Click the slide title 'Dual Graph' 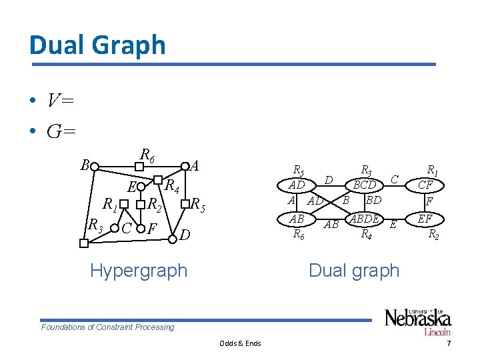coord(97,45)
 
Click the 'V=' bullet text coord(60,101)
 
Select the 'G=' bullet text coord(61,131)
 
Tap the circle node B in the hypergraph coord(95,166)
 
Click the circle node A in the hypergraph coord(185,166)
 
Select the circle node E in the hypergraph coord(141,186)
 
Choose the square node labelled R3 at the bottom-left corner coord(83,243)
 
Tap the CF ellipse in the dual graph coord(430,185)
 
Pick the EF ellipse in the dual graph coord(430,218)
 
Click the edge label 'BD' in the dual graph coord(373,199)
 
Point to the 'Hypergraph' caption coord(139,270)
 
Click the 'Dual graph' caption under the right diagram coord(354,270)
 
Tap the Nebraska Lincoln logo coord(417,321)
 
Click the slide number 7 coord(449,343)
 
